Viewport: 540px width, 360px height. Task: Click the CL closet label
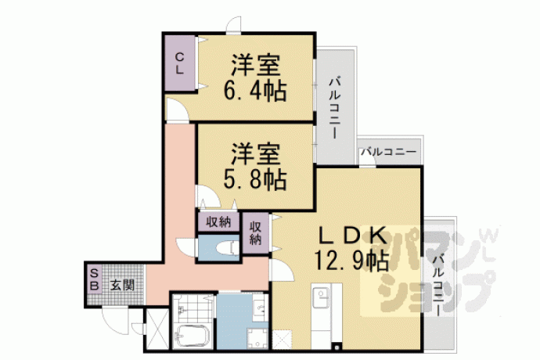[x=179, y=63]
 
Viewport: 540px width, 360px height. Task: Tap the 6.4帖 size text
[x=255, y=92]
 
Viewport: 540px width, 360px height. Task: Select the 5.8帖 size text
[x=255, y=180]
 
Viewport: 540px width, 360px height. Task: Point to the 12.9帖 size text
[x=351, y=261]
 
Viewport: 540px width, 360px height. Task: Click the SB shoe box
[x=95, y=279]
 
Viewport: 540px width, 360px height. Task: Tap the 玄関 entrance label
[x=122, y=285]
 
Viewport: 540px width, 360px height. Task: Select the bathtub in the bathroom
[x=192, y=337]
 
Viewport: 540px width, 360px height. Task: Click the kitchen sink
[x=321, y=297]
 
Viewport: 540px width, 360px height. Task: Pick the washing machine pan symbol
[x=257, y=338]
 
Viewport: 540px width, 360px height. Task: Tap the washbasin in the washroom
[x=258, y=306]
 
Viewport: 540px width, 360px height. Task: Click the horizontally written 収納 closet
[x=218, y=221]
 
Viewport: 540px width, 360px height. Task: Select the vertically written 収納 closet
[x=256, y=233]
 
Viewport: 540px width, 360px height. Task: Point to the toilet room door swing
[x=186, y=247]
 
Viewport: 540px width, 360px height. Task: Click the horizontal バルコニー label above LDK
[x=389, y=151]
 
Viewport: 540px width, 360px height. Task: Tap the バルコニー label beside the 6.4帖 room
[x=334, y=107]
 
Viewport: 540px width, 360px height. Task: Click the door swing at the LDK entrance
[x=282, y=270]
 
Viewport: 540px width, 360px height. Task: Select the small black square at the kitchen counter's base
[x=337, y=347]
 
